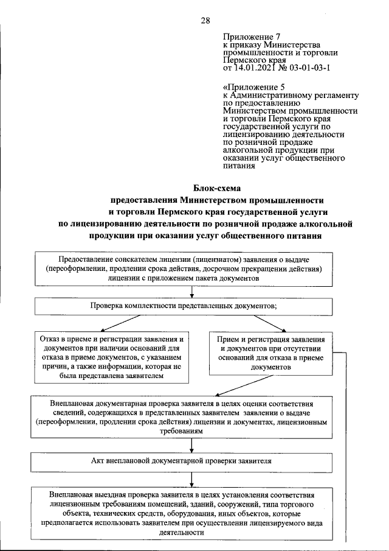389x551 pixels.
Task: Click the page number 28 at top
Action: pyautogui.click(x=205, y=21)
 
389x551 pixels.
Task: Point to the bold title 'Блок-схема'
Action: pyautogui.click(x=217, y=189)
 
